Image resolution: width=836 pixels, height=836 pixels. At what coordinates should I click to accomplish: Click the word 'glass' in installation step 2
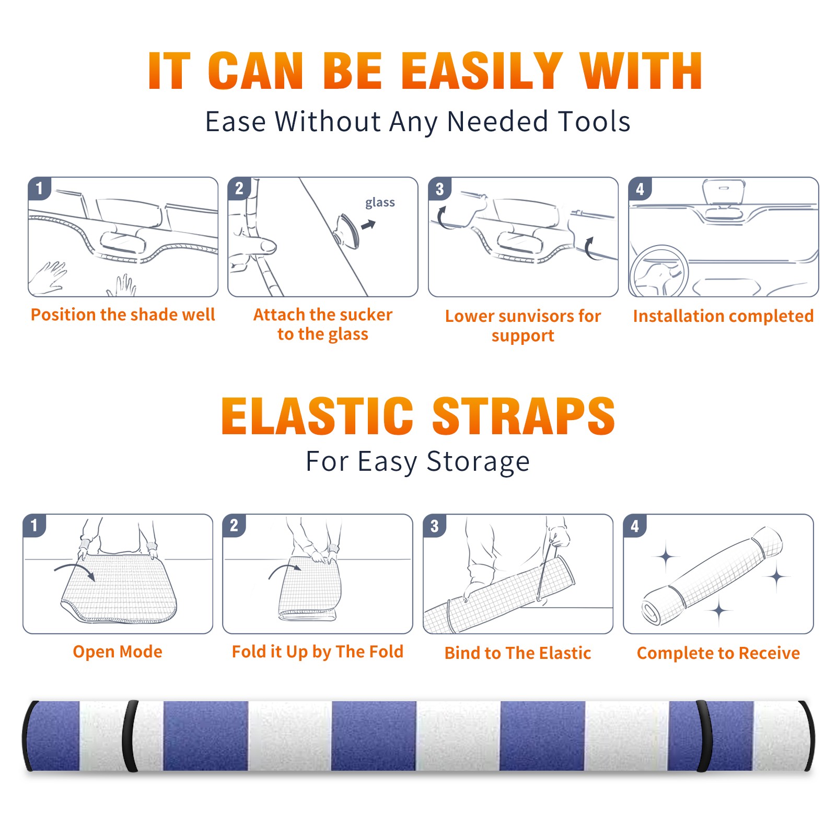(x=380, y=203)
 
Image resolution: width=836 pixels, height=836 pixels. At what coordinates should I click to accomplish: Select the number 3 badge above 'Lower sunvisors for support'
(x=439, y=189)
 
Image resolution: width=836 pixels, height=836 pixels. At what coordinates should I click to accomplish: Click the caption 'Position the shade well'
(x=123, y=315)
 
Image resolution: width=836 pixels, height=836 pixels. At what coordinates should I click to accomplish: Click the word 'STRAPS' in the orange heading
(x=524, y=416)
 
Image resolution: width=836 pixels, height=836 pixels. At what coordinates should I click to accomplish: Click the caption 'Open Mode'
(x=118, y=652)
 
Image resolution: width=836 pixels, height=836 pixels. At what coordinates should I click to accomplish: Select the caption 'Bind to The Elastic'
(x=518, y=653)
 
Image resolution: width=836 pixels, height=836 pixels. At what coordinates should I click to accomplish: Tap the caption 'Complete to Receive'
(x=718, y=653)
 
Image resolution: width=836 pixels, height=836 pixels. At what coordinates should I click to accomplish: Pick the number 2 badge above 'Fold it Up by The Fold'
(x=234, y=525)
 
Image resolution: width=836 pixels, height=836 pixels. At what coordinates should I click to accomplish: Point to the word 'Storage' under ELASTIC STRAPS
(x=478, y=462)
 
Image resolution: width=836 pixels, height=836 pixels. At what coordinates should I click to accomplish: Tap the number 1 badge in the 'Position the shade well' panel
(x=39, y=188)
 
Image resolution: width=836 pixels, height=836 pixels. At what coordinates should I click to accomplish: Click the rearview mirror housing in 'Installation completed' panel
(x=724, y=192)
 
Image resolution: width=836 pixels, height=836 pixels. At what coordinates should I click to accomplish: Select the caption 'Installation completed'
(x=724, y=316)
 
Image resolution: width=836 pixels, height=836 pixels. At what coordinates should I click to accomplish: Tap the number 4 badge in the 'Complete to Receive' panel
(x=635, y=526)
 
